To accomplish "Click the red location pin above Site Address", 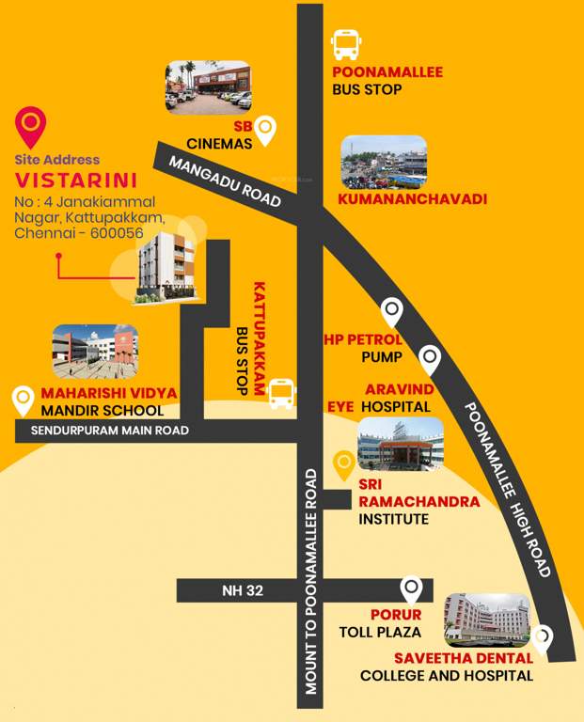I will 32,126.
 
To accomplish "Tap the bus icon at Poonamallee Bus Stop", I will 346,43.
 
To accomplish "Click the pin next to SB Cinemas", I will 267,130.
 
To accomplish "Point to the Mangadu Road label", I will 225,181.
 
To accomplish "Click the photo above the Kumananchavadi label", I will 383,162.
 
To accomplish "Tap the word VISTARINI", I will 76,179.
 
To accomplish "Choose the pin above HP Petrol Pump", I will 390,311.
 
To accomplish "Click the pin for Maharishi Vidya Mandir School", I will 23,400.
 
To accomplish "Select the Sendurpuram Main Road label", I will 110,431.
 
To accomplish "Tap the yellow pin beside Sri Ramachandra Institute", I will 345,463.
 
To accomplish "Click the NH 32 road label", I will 243,590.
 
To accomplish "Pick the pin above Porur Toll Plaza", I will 411,589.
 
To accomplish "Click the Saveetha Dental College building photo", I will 486,619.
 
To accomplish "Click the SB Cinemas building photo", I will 209,86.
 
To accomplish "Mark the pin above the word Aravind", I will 430,358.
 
